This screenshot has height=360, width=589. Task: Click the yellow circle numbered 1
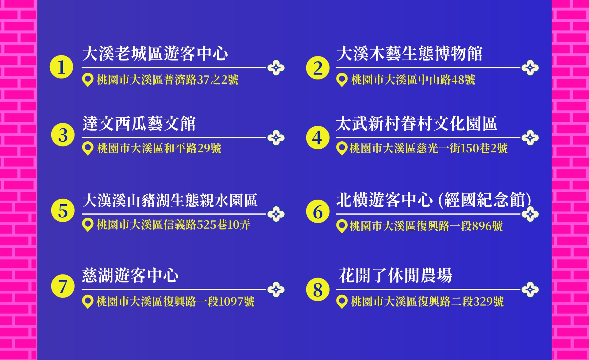tap(61, 67)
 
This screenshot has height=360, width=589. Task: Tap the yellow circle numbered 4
tap(318, 137)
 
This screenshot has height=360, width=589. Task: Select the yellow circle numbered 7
tap(63, 286)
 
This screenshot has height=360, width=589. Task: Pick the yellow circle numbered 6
tap(318, 211)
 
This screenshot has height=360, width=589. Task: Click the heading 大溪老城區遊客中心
tap(155, 54)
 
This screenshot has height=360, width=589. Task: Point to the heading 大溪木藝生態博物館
tap(410, 54)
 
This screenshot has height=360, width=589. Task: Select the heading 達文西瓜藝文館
tap(139, 124)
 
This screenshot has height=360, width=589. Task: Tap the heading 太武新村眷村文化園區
tap(417, 124)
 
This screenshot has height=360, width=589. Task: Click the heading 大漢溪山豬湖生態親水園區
tap(170, 200)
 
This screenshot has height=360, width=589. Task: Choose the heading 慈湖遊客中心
tap(130, 275)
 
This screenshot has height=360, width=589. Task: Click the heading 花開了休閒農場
tap(396, 275)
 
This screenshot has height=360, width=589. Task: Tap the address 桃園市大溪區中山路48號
tap(413, 80)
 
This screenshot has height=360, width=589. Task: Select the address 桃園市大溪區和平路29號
tap(159, 148)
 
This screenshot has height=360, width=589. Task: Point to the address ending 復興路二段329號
tap(427, 302)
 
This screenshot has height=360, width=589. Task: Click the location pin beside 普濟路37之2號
tap(88, 80)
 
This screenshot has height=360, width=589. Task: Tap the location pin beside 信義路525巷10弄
tap(88, 225)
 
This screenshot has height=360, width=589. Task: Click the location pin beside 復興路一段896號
tap(342, 226)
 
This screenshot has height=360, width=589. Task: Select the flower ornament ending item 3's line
tap(276, 138)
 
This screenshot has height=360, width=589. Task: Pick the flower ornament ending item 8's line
tap(530, 289)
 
